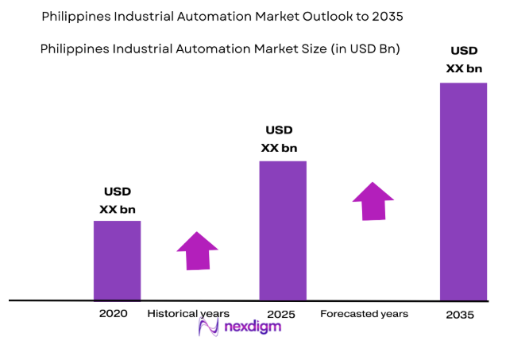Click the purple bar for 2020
tap(117, 260)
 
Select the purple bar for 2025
tap(283, 230)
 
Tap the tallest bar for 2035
tap(464, 192)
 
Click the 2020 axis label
tap(114, 314)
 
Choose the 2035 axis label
tap(460, 315)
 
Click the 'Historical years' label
tap(188, 314)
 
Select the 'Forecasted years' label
tap(364, 314)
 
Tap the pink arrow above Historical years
tap(197, 250)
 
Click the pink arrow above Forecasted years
tap(373, 201)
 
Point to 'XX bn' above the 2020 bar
tap(118, 210)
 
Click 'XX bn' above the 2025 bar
tap(279, 148)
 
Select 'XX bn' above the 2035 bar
tap(464, 68)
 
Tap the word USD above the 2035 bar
tap(464, 52)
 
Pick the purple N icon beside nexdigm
tap(208, 327)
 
